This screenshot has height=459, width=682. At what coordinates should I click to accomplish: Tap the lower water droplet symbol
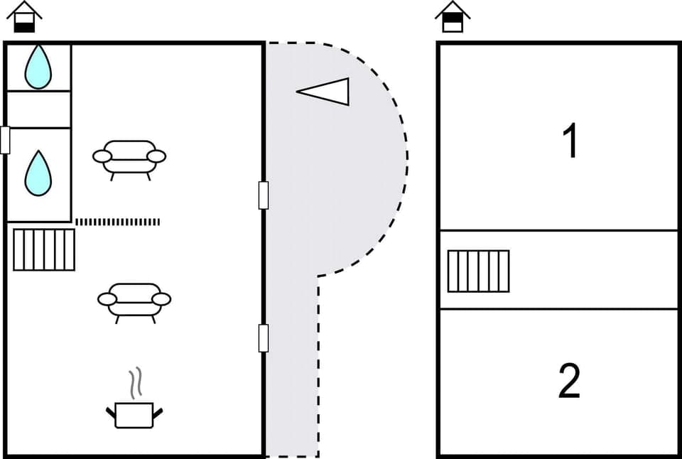(x=38, y=173)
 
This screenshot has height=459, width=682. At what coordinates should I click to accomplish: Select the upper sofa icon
(x=129, y=158)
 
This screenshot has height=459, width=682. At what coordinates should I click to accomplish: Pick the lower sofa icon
(x=134, y=301)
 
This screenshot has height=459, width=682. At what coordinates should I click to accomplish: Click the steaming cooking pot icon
(x=134, y=414)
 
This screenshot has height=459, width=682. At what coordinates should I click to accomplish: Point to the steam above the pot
(x=134, y=382)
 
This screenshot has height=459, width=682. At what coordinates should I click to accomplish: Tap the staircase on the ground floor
(x=44, y=249)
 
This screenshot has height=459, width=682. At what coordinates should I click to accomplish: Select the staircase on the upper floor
(x=478, y=271)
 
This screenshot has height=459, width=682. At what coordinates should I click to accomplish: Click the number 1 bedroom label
(x=570, y=141)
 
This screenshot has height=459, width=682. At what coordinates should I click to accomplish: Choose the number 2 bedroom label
(x=570, y=381)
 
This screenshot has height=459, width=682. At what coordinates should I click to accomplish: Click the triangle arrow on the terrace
(x=325, y=92)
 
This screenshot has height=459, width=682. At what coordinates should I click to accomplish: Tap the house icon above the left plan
(x=25, y=17)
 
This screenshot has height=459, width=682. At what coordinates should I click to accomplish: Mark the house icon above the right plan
(x=453, y=17)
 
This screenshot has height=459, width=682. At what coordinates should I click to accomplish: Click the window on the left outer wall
(x=5, y=140)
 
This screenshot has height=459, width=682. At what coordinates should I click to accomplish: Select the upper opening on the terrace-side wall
(x=264, y=195)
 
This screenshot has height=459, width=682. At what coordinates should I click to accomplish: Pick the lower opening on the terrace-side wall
(x=264, y=337)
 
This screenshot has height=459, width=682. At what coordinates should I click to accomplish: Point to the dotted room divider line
(x=117, y=222)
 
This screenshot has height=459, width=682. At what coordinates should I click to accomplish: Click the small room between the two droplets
(x=38, y=109)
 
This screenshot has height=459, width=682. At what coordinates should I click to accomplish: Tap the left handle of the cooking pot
(x=111, y=411)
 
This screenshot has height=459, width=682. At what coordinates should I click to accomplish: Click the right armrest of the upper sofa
(x=156, y=156)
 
